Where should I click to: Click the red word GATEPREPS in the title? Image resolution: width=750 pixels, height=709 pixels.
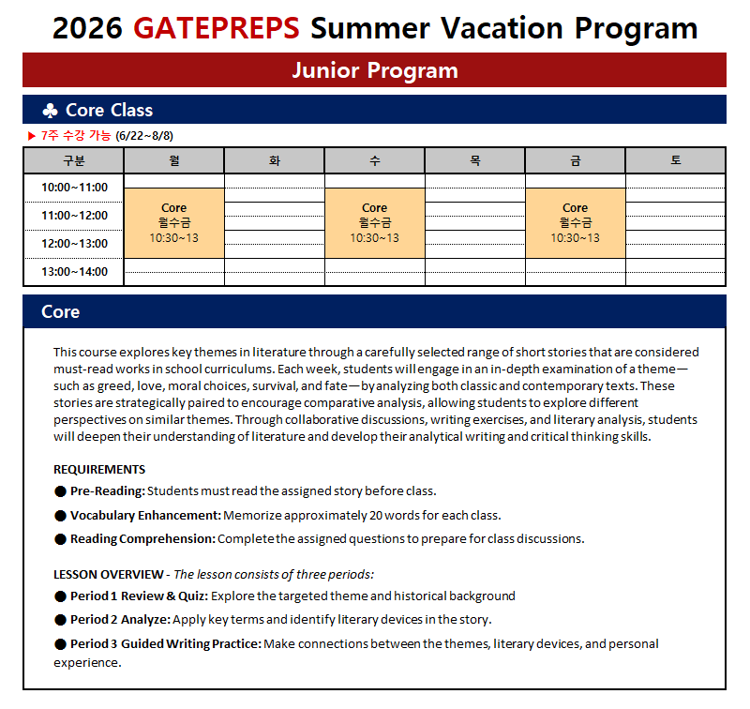click(x=217, y=28)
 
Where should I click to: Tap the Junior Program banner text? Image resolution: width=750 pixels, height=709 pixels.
click(x=374, y=70)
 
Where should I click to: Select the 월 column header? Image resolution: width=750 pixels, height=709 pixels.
click(x=174, y=160)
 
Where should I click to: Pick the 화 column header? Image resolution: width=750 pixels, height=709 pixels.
click(x=275, y=160)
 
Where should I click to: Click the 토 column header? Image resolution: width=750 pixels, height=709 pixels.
click(x=675, y=160)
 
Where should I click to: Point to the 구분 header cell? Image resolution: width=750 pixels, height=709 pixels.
click(x=74, y=160)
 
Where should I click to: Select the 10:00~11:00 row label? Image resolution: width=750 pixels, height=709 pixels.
click(x=74, y=188)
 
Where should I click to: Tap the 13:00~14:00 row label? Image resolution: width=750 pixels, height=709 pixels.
click(x=74, y=272)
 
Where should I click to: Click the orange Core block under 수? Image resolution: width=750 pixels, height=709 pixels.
click(x=375, y=222)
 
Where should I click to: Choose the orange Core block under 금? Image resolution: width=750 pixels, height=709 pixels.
click(x=576, y=222)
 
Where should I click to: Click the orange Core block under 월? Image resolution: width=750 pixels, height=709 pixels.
click(x=174, y=222)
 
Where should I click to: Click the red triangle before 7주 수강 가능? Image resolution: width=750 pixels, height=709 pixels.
click(x=32, y=137)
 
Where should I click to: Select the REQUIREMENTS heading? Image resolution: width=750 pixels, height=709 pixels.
click(x=99, y=469)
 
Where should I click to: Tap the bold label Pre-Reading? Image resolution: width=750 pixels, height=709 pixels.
click(x=108, y=490)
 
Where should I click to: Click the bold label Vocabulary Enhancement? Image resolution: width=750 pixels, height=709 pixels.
click(x=145, y=515)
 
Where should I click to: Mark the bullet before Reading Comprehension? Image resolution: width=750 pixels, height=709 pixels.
click(x=61, y=539)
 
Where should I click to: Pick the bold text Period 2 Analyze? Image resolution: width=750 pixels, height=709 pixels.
click(x=120, y=619)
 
